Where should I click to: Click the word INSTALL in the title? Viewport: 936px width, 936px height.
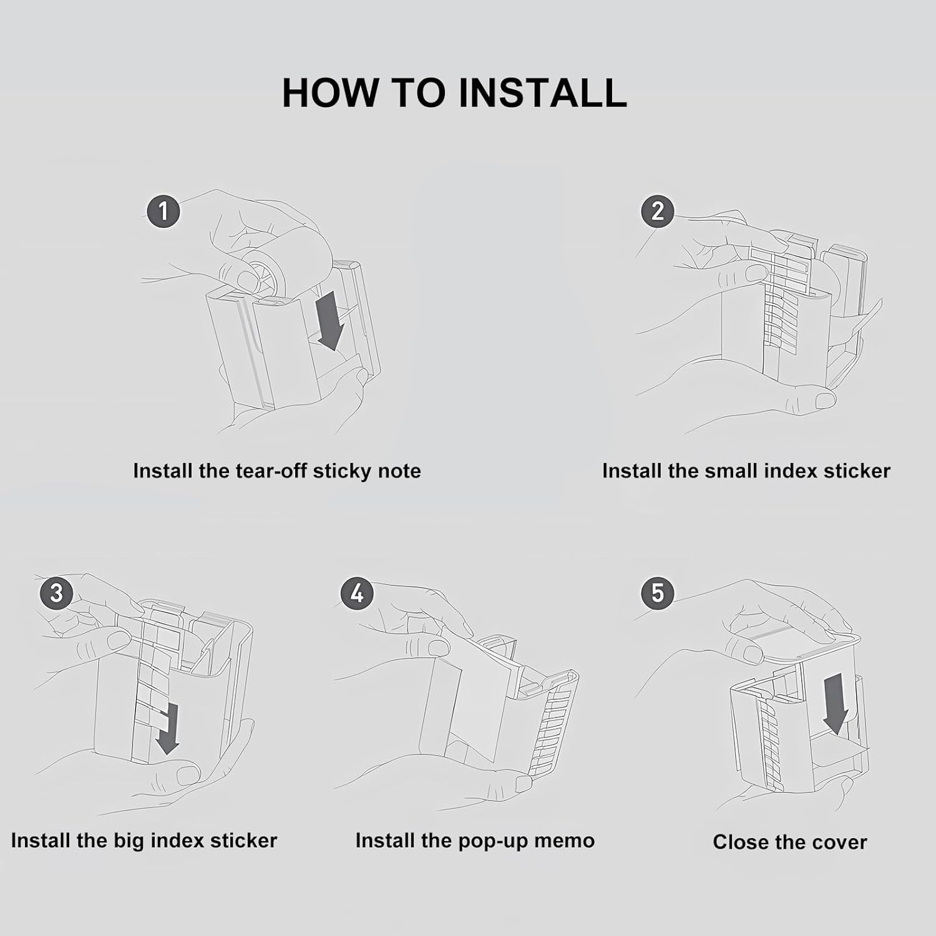click(542, 93)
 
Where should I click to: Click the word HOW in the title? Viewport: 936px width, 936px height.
click(330, 93)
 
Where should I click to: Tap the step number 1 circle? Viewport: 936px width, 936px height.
click(163, 211)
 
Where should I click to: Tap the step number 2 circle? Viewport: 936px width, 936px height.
click(658, 211)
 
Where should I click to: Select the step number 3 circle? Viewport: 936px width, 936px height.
click(56, 592)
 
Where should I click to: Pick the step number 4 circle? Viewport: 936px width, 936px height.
click(357, 592)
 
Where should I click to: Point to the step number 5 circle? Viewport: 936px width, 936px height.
click(658, 592)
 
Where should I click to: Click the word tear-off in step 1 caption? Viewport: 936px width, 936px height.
click(271, 470)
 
